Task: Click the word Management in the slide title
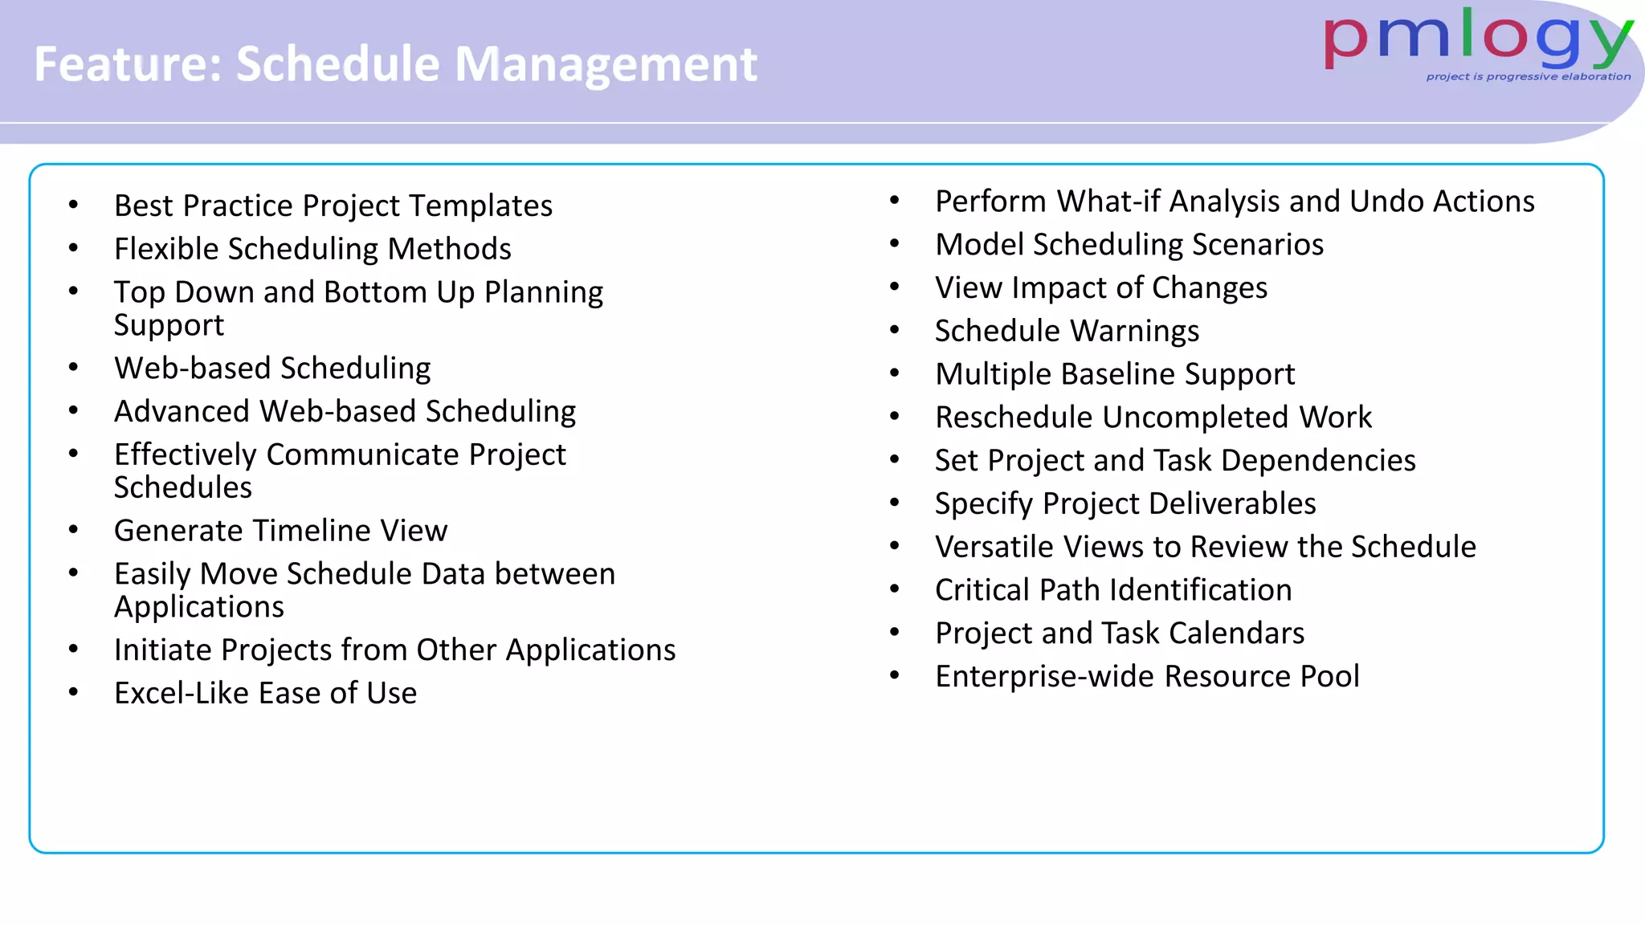[x=606, y=64]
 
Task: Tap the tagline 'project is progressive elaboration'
[x=1528, y=77]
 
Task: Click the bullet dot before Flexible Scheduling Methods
[x=74, y=248]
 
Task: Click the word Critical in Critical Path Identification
[x=982, y=591]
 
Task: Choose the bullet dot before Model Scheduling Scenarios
[x=895, y=244]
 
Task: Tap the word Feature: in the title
[x=128, y=64]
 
